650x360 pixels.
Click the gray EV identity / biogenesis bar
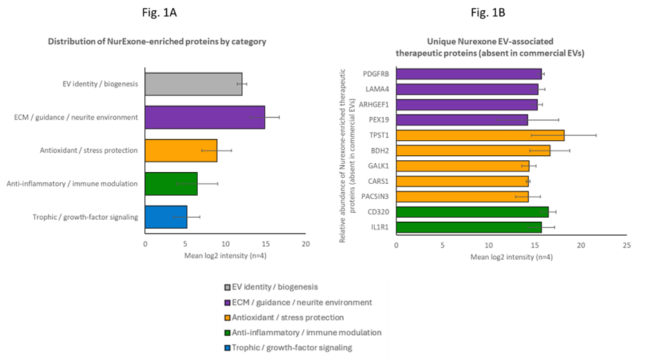click(193, 84)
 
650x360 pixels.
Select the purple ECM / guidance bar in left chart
click(204, 117)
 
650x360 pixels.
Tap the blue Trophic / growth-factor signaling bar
click(165, 217)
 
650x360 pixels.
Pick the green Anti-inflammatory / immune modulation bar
click(171, 184)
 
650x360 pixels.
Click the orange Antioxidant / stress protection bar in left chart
click(180, 151)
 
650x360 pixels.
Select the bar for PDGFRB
click(468, 74)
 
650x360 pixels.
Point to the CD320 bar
click(472, 211)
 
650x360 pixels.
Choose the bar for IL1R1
click(468, 227)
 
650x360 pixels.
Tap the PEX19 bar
click(461, 120)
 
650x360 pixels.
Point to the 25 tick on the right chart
click(626, 245)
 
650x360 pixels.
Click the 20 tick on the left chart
click(306, 244)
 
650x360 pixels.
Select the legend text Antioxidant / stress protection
click(288, 317)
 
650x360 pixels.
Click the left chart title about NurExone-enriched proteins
click(157, 41)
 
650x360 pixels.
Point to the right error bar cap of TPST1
click(596, 135)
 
